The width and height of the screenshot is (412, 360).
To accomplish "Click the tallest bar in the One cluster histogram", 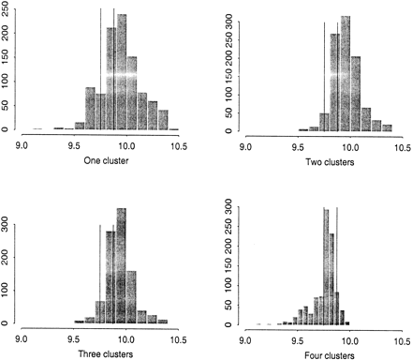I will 122,75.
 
